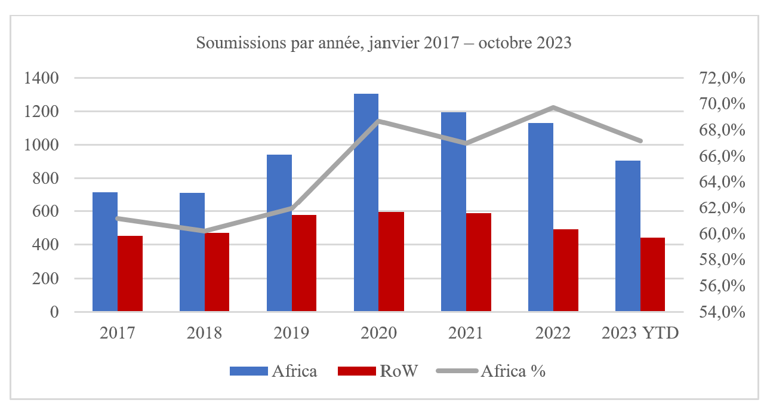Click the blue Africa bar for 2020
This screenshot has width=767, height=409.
pyautogui.click(x=366, y=203)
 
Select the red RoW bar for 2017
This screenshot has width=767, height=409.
pyautogui.click(x=130, y=273)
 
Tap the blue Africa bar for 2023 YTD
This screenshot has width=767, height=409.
pyautogui.click(x=627, y=236)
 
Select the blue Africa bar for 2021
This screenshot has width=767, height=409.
pyautogui.click(x=453, y=212)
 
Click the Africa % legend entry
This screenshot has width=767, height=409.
pyautogui.click(x=491, y=371)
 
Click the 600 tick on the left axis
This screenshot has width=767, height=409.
pyautogui.click(x=44, y=212)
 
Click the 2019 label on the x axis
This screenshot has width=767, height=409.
pyautogui.click(x=292, y=333)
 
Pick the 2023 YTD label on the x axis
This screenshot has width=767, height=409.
pyautogui.click(x=640, y=333)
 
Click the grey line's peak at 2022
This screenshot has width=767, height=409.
pyautogui.click(x=553, y=108)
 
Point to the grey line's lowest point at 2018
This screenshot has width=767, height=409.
pyautogui.click(x=205, y=230)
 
